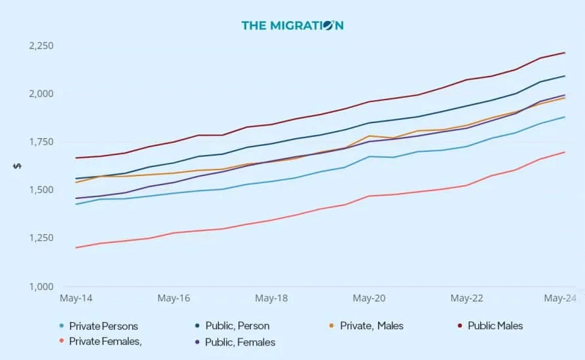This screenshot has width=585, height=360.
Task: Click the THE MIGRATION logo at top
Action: (x=292, y=26)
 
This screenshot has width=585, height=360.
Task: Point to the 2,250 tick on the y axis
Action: (x=41, y=46)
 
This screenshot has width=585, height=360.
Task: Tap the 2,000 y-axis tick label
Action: (x=41, y=94)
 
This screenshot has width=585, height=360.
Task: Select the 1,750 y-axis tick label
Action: (x=41, y=142)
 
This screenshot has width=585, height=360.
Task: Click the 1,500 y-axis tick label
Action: (x=41, y=190)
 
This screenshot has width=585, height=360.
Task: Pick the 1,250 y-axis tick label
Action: (x=41, y=238)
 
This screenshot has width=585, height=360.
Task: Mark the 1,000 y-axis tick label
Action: (x=41, y=286)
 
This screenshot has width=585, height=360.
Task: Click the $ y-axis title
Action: (x=17, y=166)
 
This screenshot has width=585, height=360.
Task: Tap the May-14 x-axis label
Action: (x=76, y=298)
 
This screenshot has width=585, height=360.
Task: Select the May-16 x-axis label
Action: (x=174, y=298)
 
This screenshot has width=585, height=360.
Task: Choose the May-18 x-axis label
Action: (x=271, y=298)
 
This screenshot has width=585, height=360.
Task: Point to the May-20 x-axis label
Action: (x=369, y=298)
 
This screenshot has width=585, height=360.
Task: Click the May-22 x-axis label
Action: (x=466, y=298)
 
